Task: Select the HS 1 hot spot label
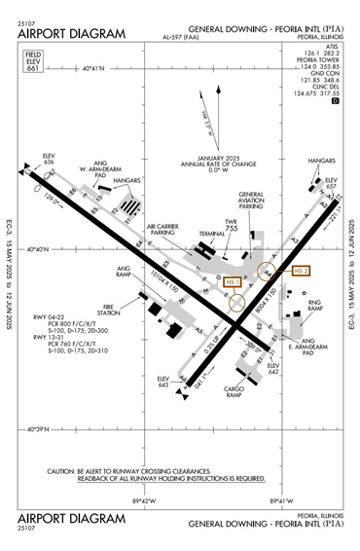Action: (x=233, y=282)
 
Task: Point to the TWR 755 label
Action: (x=232, y=224)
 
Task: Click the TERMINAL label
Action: (x=212, y=235)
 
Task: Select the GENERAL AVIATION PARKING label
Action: (x=252, y=200)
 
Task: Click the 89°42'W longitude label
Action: (x=144, y=501)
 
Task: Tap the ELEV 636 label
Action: (x=50, y=159)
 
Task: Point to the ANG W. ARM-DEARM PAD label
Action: (x=98, y=172)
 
